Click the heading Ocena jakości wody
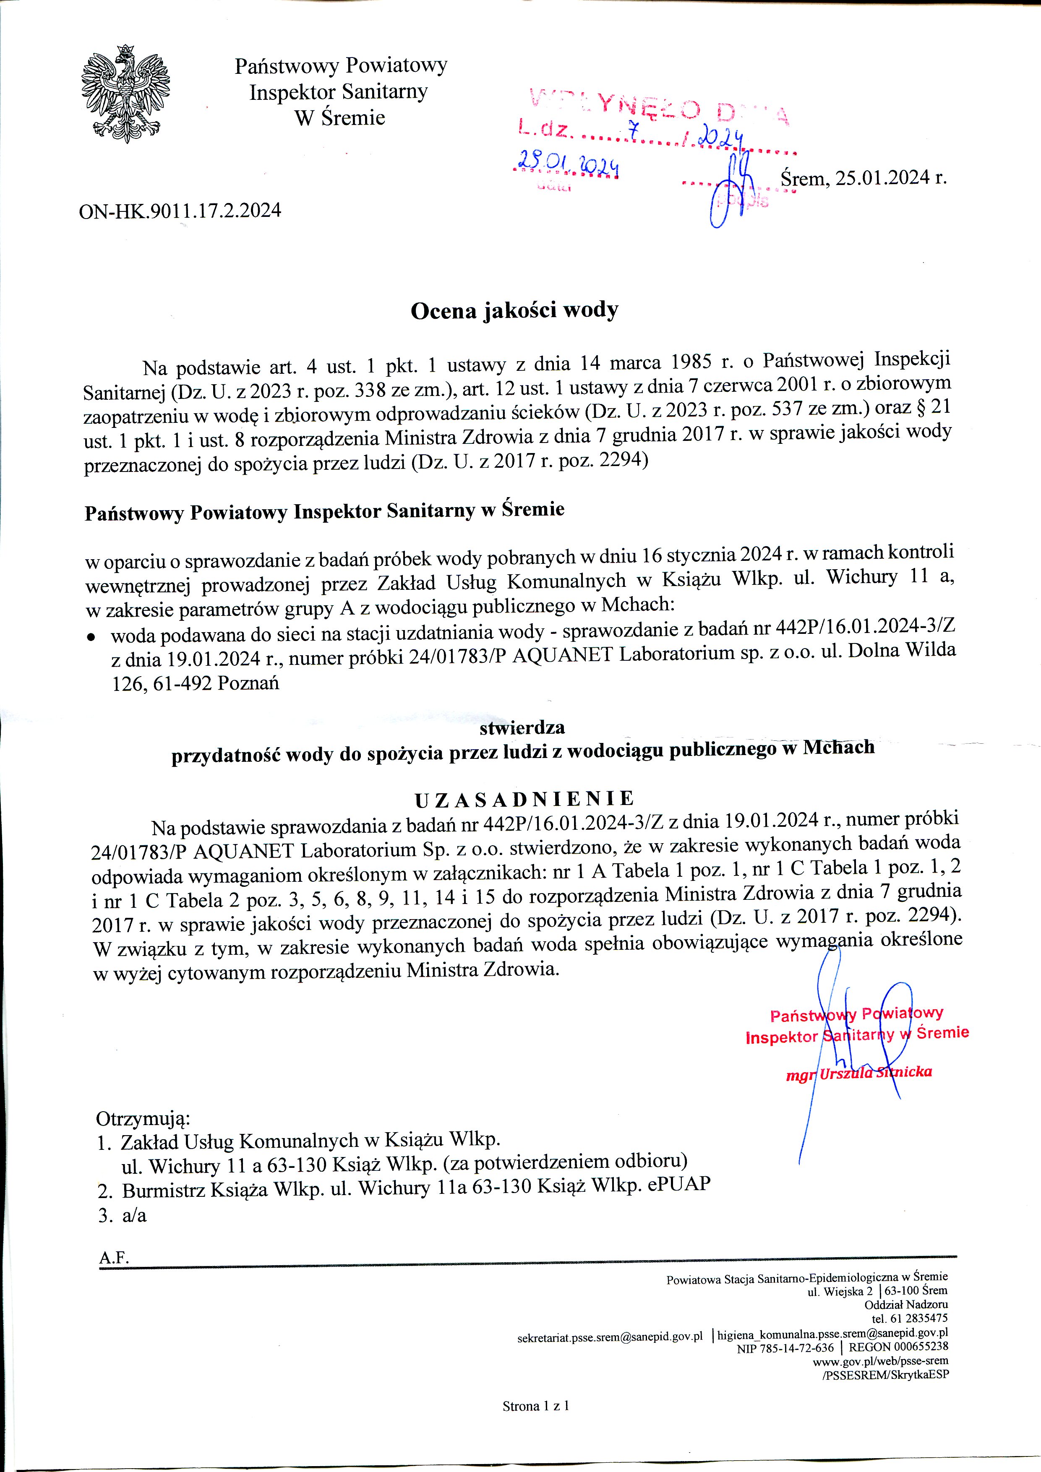(514, 310)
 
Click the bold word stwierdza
(522, 728)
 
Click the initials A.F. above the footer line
(114, 1258)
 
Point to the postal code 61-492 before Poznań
(183, 683)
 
